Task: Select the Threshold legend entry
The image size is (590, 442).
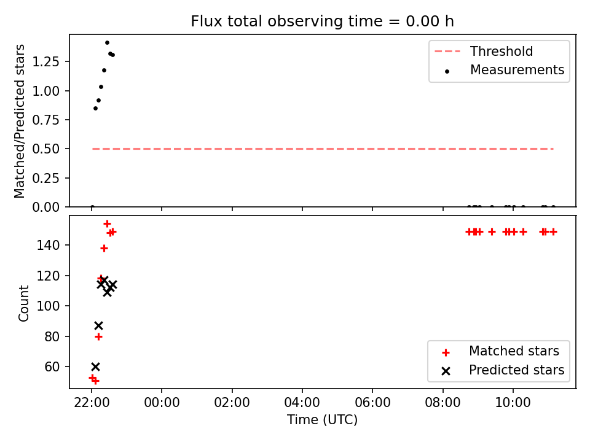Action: pyautogui.click(x=484, y=51)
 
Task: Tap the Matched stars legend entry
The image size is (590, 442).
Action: pyautogui.click(x=500, y=351)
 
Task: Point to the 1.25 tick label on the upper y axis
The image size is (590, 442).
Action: pyautogui.click(x=46, y=61)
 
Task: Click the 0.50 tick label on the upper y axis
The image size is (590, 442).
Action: pyautogui.click(x=46, y=149)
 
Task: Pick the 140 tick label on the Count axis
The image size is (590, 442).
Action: pyautogui.click(x=48, y=246)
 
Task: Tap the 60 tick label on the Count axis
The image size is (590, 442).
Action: pyautogui.click(x=52, y=367)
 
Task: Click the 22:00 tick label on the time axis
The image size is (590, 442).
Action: pyautogui.click(x=92, y=403)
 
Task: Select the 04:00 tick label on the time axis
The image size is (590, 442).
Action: pyautogui.click(x=302, y=403)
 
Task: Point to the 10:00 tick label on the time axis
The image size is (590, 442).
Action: pyautogui.click(x=513, y=403)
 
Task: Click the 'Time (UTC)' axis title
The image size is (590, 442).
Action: pyautogui.click(x=323, y=419)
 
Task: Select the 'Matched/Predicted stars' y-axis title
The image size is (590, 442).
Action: pyautogui.click(x=20, y=121)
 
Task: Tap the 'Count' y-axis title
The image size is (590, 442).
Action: pyautogui.click(x=23, y=303)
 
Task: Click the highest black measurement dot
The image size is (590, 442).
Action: pyautogui.click(x=107, y=43)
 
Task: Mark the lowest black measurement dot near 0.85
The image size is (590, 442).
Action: pyautogui.click(x=96, y=108)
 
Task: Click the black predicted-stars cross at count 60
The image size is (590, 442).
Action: pyautogui.click(x=96, y=366)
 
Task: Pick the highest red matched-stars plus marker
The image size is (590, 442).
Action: pyautogui.click(x=107, y=224)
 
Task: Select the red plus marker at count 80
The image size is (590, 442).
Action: pyautogui.click(x=98, y=337)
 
